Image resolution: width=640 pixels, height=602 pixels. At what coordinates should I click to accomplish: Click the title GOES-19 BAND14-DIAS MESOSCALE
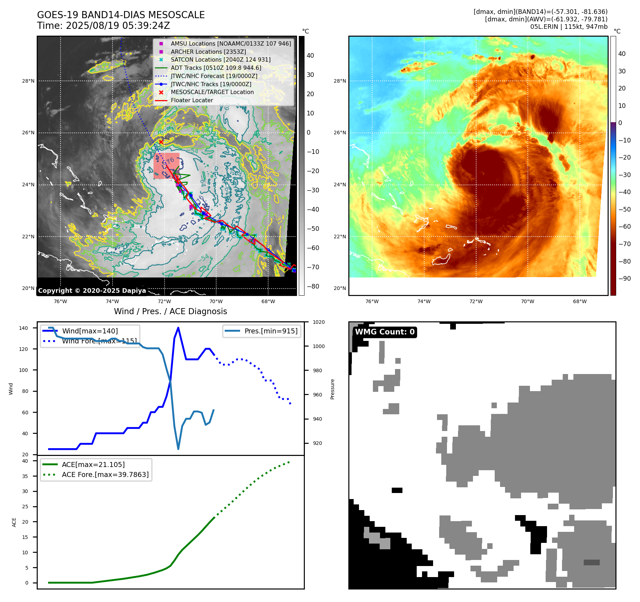coord(121,15)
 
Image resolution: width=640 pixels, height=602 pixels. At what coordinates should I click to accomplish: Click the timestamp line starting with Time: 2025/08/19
coord(103,26)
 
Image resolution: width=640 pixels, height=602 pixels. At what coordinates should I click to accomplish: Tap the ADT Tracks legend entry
coord(216,68)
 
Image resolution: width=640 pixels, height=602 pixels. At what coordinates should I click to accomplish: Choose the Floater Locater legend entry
coord(192,100)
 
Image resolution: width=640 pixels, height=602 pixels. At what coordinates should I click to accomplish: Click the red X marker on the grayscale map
coord(161,142)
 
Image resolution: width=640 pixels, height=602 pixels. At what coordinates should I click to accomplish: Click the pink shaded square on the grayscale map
coord(166,166)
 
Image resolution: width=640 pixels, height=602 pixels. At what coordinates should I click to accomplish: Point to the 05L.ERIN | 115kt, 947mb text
coord(568,27)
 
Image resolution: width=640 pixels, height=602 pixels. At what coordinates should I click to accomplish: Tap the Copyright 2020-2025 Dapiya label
coord(92,291)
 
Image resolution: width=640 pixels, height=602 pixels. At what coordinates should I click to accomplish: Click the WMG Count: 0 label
coord(385,332)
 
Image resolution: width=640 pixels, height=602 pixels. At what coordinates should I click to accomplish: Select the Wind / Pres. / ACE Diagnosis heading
coord(170,311)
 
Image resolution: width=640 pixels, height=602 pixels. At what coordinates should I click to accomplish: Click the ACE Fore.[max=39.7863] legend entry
coord(105,474)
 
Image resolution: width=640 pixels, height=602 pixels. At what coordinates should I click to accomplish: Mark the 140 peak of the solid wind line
coord(178,328)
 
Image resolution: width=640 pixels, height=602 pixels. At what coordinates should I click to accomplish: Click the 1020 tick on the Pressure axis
coord(318,322)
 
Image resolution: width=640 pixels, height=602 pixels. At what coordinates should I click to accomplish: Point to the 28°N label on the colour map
coord(340,81)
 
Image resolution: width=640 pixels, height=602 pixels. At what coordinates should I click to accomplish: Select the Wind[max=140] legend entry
coord(90,331)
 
